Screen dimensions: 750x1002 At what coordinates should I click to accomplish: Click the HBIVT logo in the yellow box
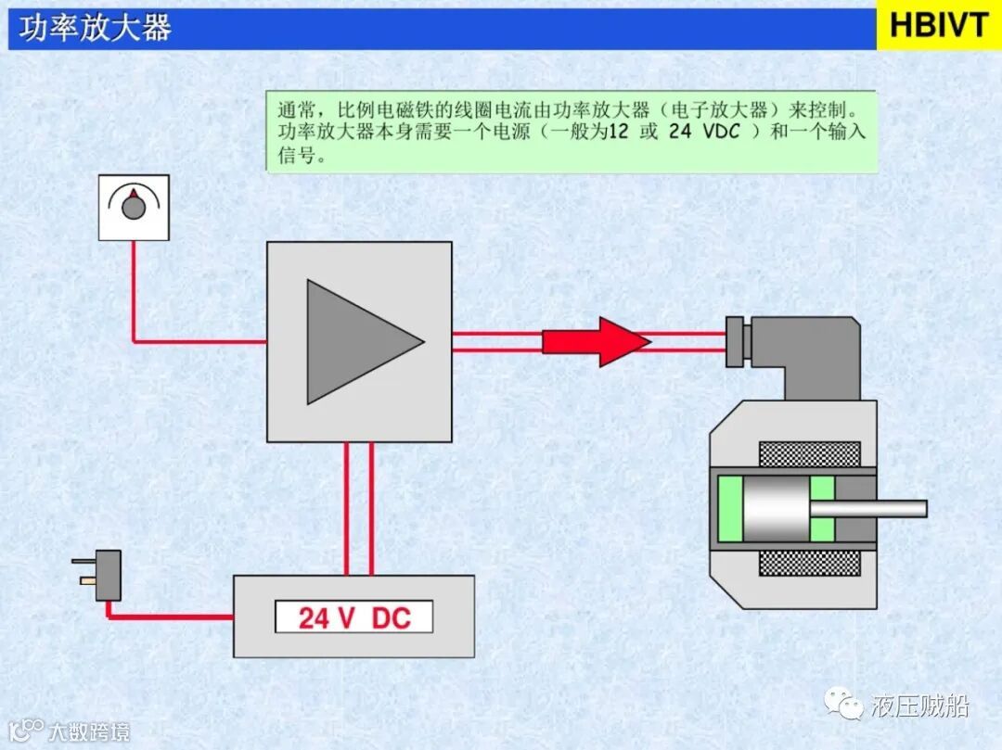(939, 25)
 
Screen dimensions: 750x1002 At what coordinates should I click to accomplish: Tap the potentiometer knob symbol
(135, 207)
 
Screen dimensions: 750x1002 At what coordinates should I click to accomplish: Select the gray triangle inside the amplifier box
(357, 341)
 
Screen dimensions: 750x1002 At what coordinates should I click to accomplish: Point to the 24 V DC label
(353, 617)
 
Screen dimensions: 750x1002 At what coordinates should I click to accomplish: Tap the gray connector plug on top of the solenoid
(798, 348)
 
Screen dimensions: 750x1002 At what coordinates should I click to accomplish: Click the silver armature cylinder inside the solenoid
(776, 508)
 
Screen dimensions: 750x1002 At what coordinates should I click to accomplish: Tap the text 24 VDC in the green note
(705, 132)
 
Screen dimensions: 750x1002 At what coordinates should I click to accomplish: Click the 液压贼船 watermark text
(920, 706)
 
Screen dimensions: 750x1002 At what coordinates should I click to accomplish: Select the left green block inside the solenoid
(728, 508)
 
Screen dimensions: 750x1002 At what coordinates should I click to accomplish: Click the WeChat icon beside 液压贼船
(848, 706)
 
